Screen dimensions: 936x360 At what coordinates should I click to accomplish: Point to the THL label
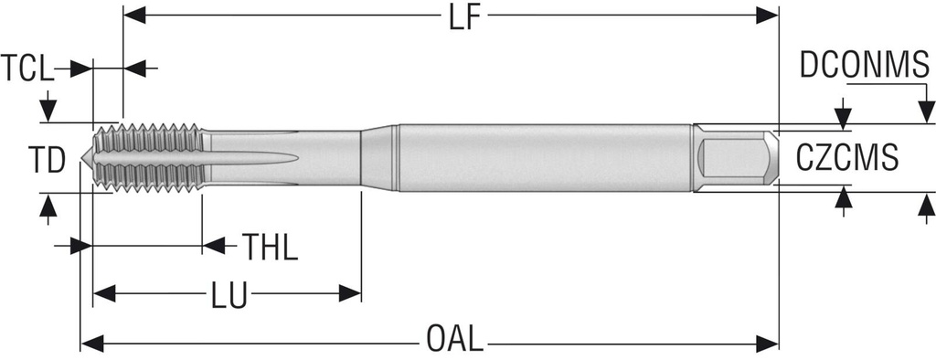point(270,247)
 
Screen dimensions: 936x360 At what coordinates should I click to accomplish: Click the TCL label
point(27,68)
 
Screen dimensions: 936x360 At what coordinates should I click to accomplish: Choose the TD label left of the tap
point(47,161)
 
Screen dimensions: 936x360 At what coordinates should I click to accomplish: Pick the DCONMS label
point(865,65)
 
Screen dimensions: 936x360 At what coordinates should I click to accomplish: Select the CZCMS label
point(847,158)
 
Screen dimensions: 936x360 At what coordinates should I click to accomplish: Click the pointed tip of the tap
point(81,158)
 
